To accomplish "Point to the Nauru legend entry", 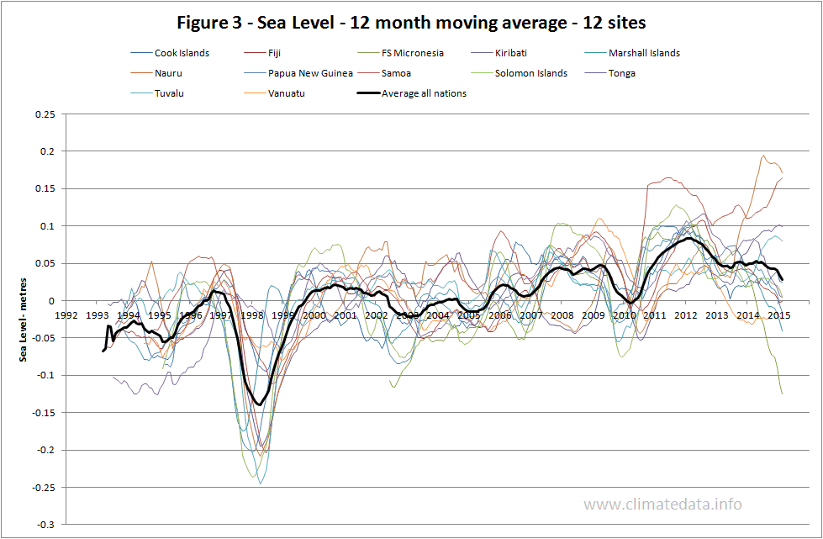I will click(169, 73).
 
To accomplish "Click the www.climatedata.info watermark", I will click(662, 505).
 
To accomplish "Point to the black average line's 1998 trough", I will click(259, 404).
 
